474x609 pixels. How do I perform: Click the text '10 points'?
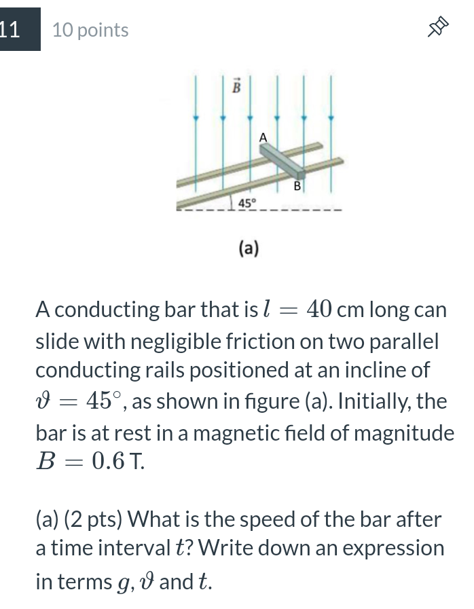tap(90, 31)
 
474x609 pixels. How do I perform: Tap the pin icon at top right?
tap(439, 29)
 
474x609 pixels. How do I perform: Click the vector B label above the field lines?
tap(236, 87)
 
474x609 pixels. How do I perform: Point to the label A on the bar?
tap(263, 137)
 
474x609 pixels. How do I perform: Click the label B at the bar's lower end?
tap(297, 185)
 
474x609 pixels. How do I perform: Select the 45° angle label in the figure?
tap(248, 202)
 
